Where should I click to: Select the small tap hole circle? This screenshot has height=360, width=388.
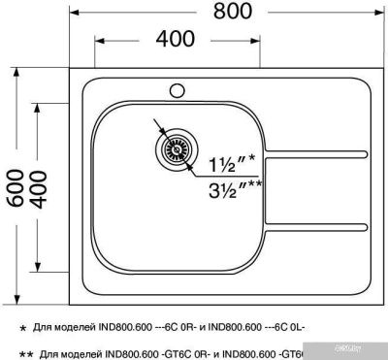pyautogui.click(x=178, y=92)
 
